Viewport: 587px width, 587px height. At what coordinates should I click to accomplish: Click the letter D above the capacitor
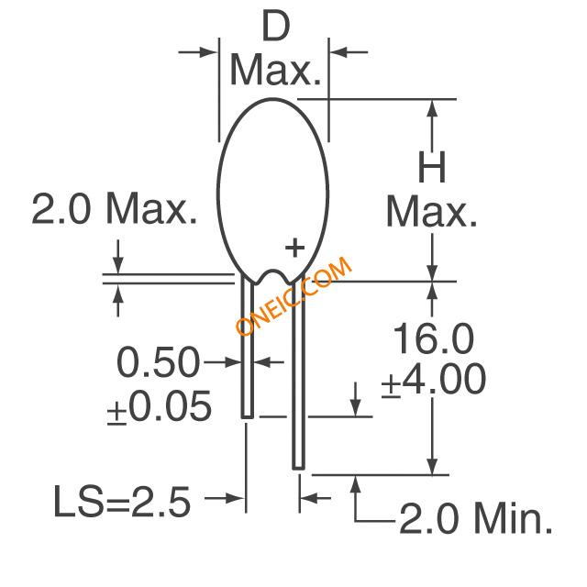coord(276,26)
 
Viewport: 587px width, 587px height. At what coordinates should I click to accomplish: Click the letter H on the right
coord(432,167)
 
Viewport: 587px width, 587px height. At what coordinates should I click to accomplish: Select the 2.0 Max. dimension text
coord(114,208)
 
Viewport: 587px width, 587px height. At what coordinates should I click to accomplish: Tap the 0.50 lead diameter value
coord(158,362)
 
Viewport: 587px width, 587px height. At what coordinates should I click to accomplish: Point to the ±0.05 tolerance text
coord(160,407)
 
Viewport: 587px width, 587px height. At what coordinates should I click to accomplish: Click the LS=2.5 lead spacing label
coord(122,502)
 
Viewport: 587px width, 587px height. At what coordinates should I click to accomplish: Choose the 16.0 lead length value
coord(433,338)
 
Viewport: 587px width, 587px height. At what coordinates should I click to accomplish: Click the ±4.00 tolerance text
coord(434,380)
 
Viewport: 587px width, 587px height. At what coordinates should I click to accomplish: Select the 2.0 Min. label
coord(476,518)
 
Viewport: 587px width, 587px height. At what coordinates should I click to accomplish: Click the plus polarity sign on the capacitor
coord(294,248)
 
